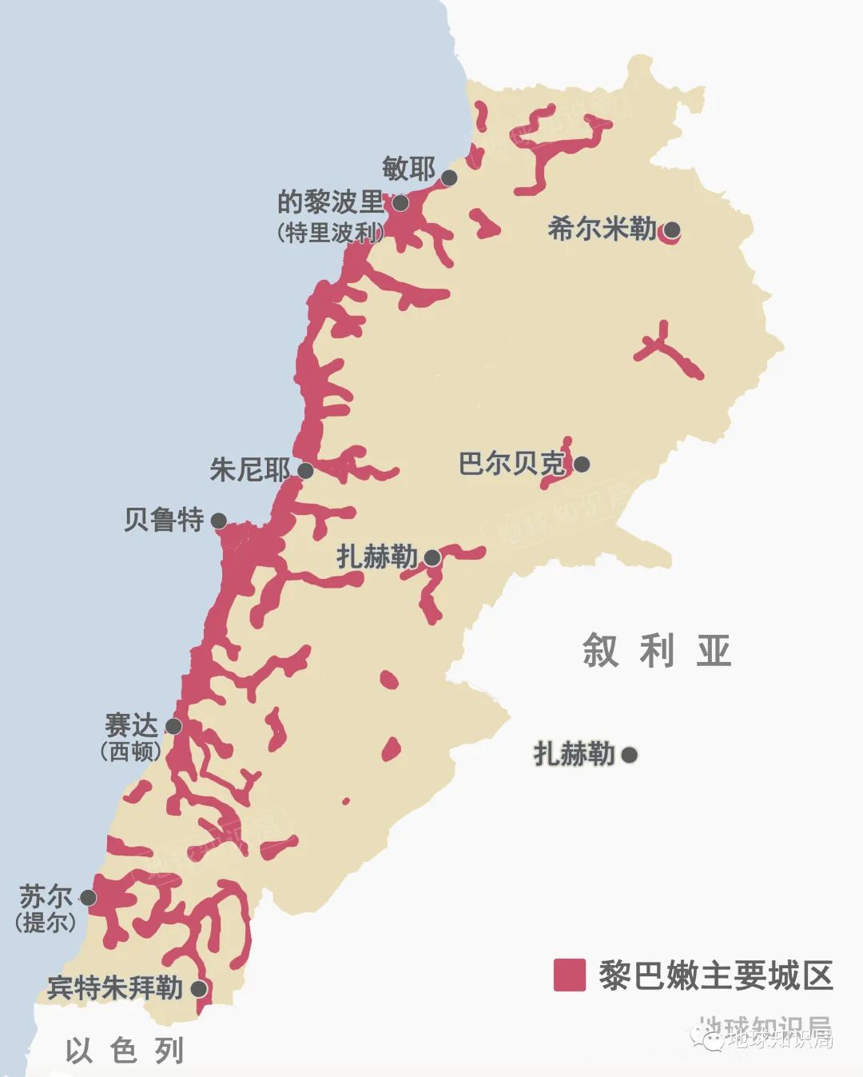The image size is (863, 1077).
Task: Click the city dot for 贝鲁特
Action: (x=219, y=521)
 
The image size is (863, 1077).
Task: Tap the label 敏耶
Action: (x=408, y=170)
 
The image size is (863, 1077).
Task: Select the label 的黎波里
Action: (x=330, y=201)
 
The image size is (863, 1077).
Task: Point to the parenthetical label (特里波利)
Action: (x=330, y=233)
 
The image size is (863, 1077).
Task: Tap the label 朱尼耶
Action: (x=249, y=469)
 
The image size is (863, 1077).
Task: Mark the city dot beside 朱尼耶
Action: (x=305, y=470)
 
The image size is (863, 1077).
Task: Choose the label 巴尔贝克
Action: (x=512, y=464)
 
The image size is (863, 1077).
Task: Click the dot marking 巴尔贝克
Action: (x=582, y=464)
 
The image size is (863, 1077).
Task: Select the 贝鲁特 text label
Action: (x=164, y=521)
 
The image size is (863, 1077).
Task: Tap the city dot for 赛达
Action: (x=173, y=726)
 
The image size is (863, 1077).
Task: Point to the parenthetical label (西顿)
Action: (x=131, y=752)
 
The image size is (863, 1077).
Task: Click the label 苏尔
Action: (x=46, y=896)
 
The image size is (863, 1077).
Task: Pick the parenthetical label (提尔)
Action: (x=46, y=922)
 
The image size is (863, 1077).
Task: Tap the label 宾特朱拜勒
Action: (x=115, y=988)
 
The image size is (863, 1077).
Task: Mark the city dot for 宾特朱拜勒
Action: (x=199, y=989)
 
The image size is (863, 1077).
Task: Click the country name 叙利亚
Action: (x=657, y=651)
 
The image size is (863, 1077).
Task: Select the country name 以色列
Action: (x=125, y=1051)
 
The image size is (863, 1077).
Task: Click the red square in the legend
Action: (x=570, y=975)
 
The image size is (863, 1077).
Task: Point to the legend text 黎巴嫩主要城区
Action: (x=716, y=975)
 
